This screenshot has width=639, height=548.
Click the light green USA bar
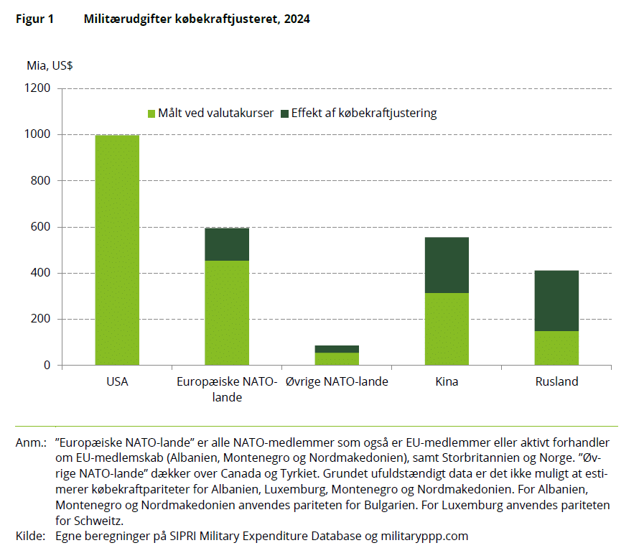pos(117,250)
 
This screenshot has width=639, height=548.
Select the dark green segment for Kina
pos(447,265)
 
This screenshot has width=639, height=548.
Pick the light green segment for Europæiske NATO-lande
pos(227,312)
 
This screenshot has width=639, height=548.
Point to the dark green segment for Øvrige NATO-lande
pos(337,349)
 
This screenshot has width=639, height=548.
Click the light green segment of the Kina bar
pos(447,329)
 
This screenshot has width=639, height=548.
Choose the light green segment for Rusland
pos(556,348)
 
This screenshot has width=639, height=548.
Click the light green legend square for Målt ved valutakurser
pos(151,113)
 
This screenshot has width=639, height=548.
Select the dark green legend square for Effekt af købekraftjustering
pos(284,113)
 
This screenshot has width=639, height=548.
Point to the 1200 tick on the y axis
pos(37,88)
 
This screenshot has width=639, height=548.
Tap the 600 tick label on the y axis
pos(42,227)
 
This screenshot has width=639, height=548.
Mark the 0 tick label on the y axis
pos(47,366)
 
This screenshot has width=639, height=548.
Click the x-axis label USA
pos(117,382)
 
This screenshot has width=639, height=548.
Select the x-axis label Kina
pos(447,382)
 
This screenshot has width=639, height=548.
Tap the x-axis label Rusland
pos(556,382)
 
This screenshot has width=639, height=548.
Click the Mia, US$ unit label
pos(50,66)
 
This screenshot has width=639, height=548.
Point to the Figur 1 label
pos(34,19)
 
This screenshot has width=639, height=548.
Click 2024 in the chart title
pos(297,19)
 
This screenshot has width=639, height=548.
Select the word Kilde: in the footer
pos(30,535)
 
